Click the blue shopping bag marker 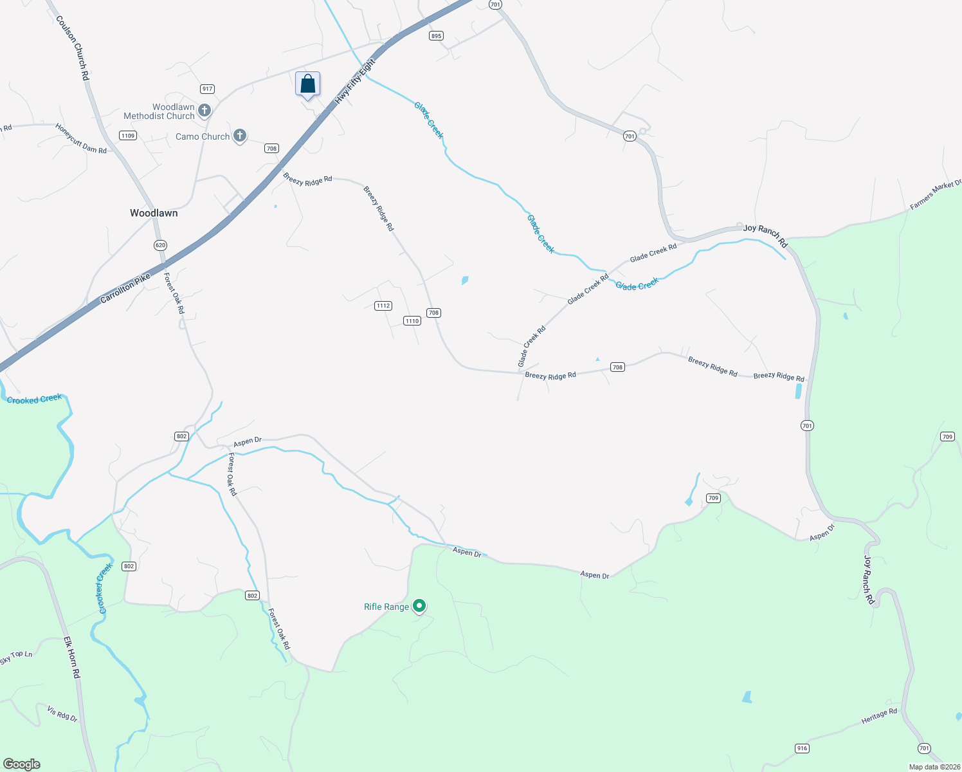pyautogui.click(x=307, y=84)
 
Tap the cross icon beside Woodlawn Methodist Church pyautogui.click(x=204, y=111)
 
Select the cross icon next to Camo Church pyautogui.click(x=240, y=136)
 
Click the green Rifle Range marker pyautogui.click(x=419, y=606)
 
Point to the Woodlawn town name pyautogui.click(x=154, y=213)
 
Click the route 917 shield pyautogui.click(x=207, y=89)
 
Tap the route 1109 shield pyautogui.click(x=128, y=135)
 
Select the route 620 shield pyautogui.click(x=160, y=245)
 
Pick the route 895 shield pyautogui.click(x=437, y=36)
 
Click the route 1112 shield pyautogui.click(x=383, y=306)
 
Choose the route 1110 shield pyautogui.click(x=412, y=320)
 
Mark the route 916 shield pyautogui.click(x=802, y=748)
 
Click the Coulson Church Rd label pyautogui.click(x=73, y=48)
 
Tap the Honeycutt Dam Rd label pyautogui.click(x=81, y=138)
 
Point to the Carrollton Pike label pyautogui.click(x=125, y=289)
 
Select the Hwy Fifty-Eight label pyautogui.click(x=354, y=82)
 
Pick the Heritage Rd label pyautogui.click(x=879, y=717)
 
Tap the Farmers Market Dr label pyautogui.click(x=936, y=196)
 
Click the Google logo pyautogui.click(x=22, y=764)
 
